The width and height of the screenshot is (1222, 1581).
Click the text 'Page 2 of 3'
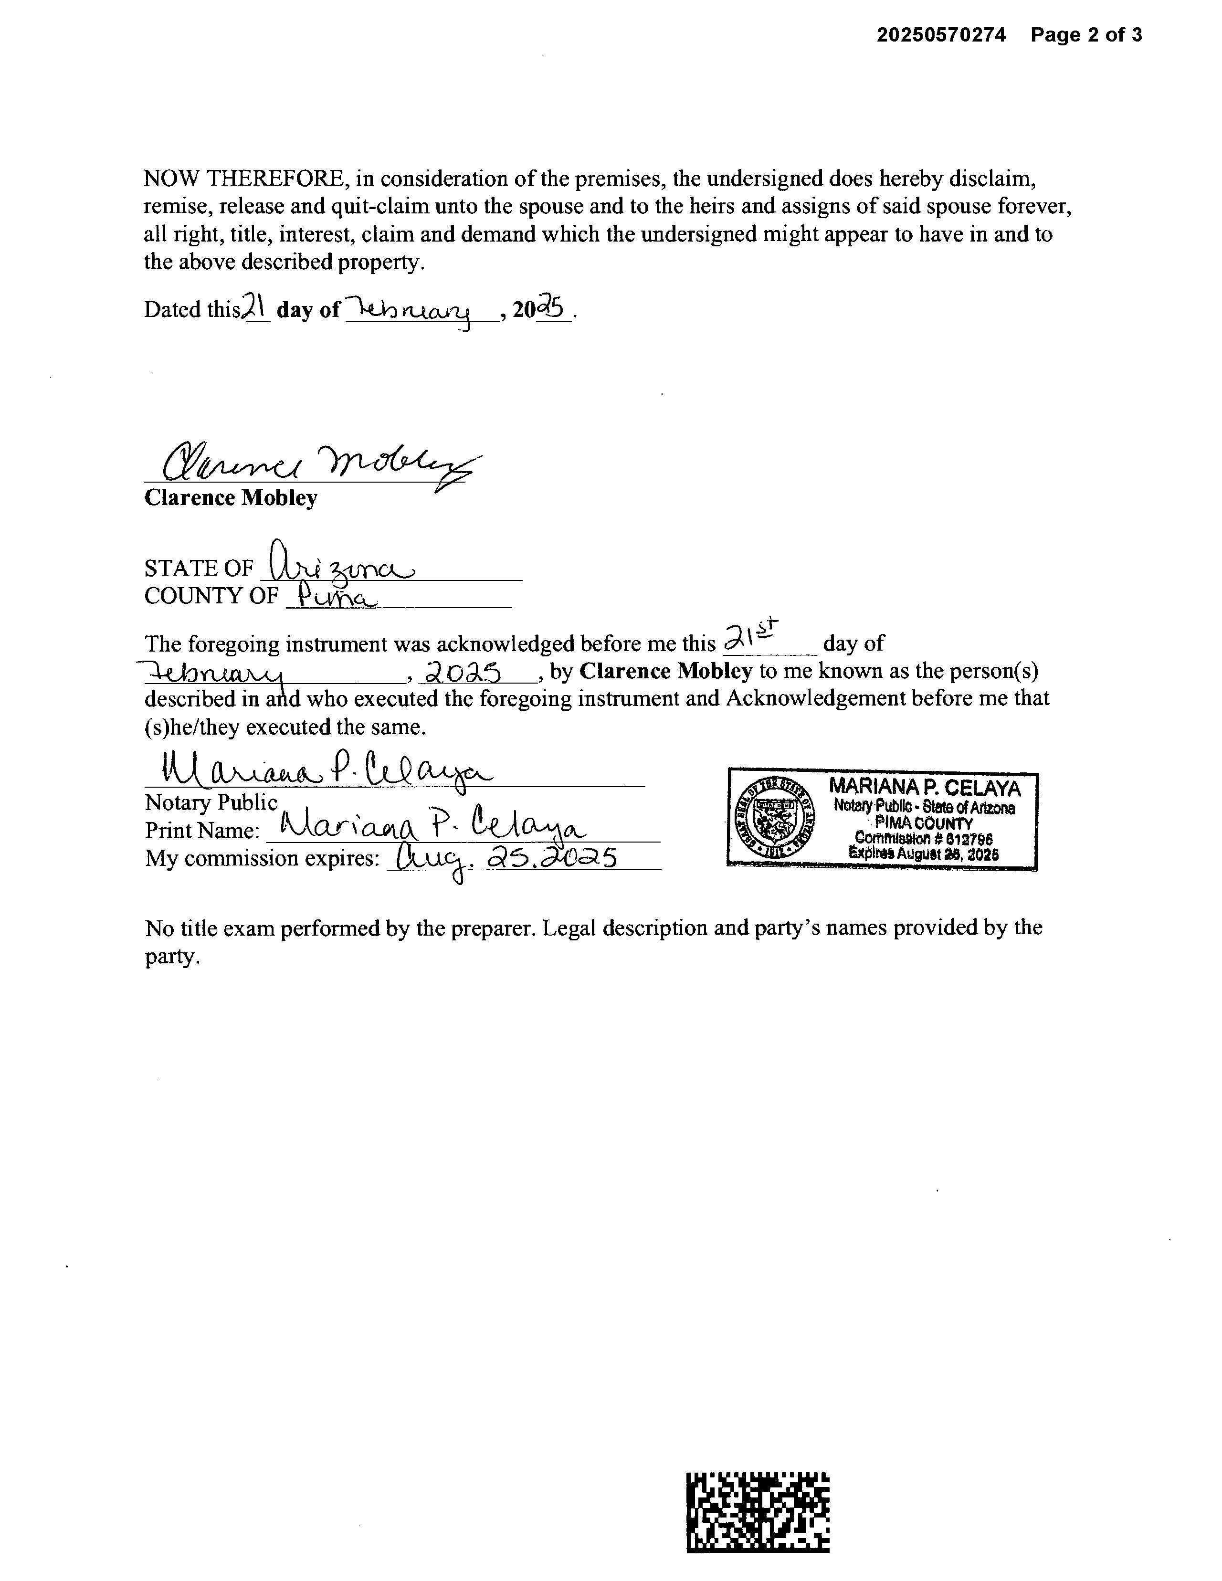point(1086,35)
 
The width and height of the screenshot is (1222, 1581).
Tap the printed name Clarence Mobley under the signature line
point(230,498)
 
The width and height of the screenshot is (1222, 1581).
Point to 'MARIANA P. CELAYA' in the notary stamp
point(925,788)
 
